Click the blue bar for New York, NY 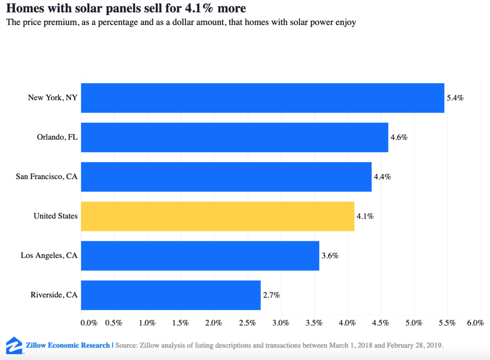click(x=262, y=98)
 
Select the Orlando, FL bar click(x=234, y=137)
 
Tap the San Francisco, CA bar click(x=226, y=177)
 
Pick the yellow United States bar click(x=217, y=216)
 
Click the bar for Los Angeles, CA click(x=200, y=256)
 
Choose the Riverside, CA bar click(x=170, y=295)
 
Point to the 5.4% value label click(x=455, y=98)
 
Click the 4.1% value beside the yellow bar click(x=365, y=216)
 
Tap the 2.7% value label click(x=271, y=295)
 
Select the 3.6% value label click(x=330, y=256)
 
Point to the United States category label click(x=56, y=216)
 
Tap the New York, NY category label click(x=53, y=98)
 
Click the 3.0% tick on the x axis click(x=280, y=323)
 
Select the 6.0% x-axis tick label click(x=475, y=323)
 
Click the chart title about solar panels click(x=126, y=9)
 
